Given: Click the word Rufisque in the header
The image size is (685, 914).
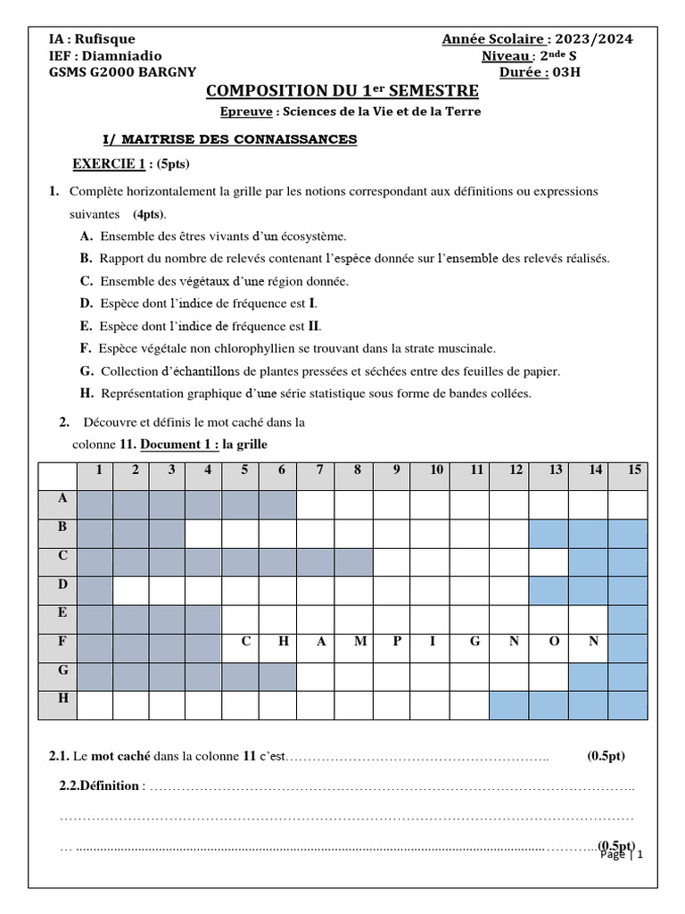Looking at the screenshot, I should click(105, 39).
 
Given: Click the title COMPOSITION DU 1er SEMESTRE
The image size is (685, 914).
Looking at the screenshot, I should click(342, 91).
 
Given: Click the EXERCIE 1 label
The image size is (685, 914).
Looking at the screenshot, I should click(108, 164).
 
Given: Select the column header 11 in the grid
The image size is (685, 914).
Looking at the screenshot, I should click(477, 470).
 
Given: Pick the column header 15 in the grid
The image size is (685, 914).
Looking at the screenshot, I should click(633, 470).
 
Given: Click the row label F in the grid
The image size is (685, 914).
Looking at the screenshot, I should click(62, 640).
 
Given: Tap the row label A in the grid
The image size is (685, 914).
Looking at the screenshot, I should click(62, 498).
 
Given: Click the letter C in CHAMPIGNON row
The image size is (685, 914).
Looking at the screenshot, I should click(243, 641).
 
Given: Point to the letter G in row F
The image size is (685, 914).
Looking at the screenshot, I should click(475, 641).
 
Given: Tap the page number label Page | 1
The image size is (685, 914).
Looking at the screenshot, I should click(622, 854).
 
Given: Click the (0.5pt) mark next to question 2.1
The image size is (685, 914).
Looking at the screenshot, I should click(606, 756).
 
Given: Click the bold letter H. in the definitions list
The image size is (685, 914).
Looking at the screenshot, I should click(86, 393).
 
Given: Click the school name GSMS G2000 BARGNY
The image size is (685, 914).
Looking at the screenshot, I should click(123, 73).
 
